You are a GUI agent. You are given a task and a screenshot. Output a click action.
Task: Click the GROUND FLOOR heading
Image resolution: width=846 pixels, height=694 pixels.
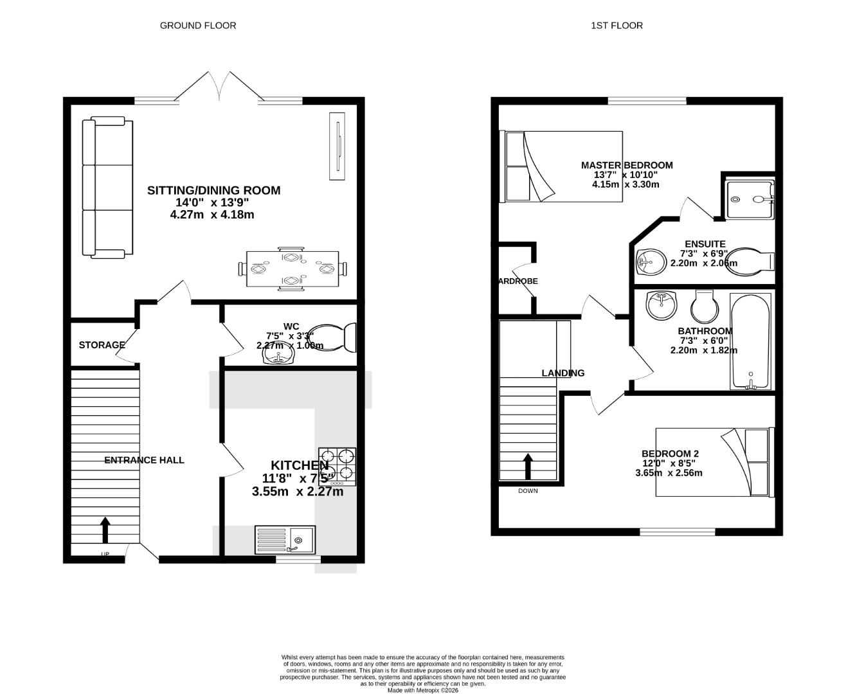pos(197,26)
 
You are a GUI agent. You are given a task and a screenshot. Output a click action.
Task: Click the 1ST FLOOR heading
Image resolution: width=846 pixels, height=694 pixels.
pos(616,26)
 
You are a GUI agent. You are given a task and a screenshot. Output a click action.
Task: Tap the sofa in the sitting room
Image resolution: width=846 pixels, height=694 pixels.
pos(107,188)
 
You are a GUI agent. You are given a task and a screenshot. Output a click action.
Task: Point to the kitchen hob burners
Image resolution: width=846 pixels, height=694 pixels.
pos(337,466)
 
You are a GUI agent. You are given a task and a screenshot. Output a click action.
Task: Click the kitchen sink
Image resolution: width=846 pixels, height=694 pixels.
pos(285,540)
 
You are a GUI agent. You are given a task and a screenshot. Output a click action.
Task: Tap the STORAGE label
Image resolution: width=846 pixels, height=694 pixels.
pos(102,345)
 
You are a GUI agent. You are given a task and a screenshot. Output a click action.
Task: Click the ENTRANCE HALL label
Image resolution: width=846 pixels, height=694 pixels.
pos(144,460)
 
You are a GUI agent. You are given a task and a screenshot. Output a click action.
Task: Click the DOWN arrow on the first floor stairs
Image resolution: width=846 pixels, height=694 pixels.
pos(528,467)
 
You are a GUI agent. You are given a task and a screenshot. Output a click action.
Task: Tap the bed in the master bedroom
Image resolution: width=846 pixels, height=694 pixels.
pos(562,166)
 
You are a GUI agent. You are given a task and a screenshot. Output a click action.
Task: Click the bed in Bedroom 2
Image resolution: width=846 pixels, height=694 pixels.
pos(713,462)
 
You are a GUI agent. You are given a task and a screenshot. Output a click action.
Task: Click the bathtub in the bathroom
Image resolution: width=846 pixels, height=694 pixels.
pos(751,341)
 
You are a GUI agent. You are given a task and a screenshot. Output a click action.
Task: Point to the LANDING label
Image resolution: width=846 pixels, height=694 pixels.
pos(562,373)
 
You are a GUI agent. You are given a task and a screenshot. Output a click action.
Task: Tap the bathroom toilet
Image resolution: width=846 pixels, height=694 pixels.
pos(705,308)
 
